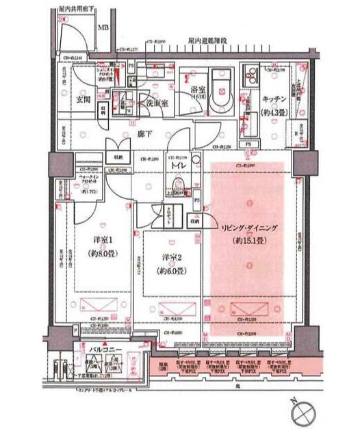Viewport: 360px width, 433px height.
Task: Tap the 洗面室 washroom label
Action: (156, 103)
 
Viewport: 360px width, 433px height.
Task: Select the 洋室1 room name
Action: (102, 240)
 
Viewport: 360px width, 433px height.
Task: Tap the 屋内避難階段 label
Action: (209, 42)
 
